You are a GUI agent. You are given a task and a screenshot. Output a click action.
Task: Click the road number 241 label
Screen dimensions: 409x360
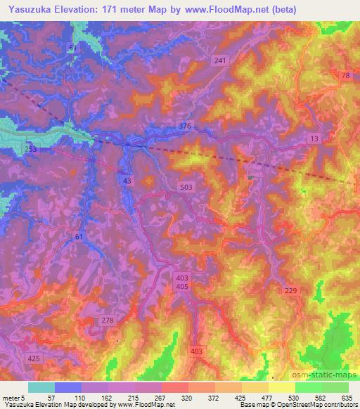coord(220,61)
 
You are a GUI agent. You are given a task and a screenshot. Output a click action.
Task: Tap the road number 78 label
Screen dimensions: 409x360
coord(345,75)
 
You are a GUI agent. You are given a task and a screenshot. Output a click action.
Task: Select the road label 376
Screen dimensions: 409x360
coord(185,126)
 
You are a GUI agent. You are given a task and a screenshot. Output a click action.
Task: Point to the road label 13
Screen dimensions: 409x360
coord(314,140)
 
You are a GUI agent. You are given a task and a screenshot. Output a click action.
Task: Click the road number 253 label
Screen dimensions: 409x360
coord(31,150)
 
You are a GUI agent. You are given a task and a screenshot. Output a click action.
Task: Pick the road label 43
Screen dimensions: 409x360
coord(127,181)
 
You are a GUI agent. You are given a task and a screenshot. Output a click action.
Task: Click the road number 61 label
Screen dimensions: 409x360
coord(79,238)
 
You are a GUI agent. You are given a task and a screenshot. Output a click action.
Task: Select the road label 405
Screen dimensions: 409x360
coord(182,287)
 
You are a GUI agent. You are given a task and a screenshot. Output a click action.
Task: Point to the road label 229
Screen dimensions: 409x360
coord(291,290)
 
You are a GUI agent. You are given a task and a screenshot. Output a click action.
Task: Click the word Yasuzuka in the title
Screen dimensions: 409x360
coord(26,9)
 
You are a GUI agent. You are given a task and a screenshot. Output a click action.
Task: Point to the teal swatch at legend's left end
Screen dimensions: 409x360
coord(41,387)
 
